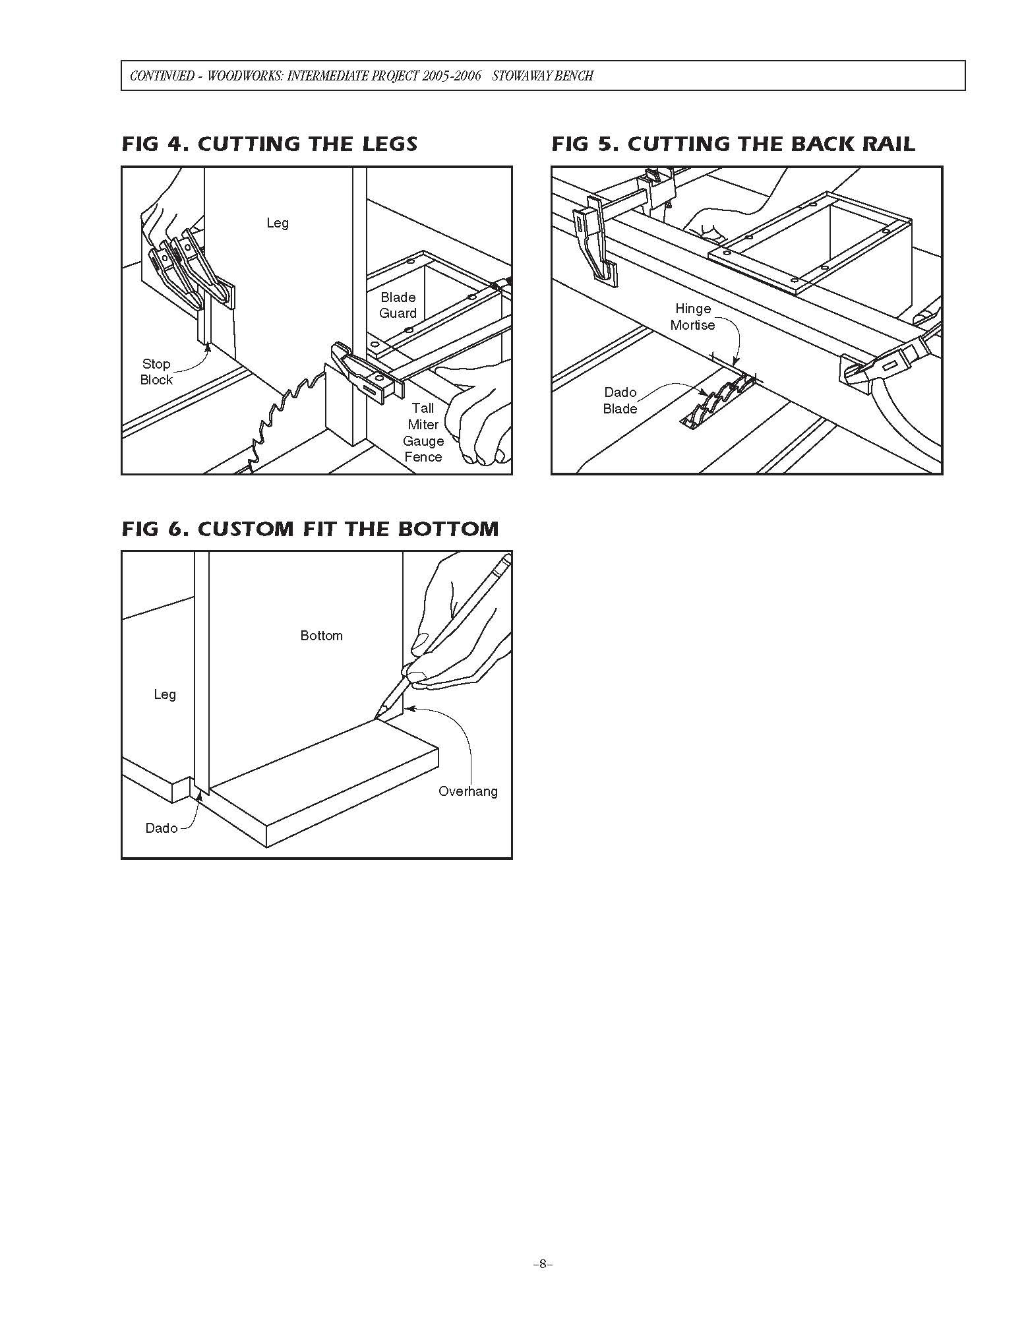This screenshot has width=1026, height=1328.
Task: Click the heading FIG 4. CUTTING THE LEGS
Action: [269, 144]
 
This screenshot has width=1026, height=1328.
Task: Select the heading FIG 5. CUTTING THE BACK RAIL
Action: [733, 144]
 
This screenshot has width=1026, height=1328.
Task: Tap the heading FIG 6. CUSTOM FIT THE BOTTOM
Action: [310, 529]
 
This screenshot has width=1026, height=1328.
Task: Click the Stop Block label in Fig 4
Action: [156, 372]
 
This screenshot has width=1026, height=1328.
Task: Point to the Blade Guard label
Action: [398, 305]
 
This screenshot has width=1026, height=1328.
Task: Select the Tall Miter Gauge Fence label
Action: [423, 433]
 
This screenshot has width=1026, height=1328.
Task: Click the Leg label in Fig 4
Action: [278, 223]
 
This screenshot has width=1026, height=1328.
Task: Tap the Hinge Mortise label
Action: [692, 317]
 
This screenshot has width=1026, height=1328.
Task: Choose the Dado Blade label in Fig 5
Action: [620, 400]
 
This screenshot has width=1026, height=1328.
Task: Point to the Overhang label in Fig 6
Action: [468, 791]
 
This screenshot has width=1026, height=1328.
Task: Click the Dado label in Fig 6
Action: [162, 828]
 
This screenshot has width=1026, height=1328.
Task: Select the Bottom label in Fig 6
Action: [321, 636]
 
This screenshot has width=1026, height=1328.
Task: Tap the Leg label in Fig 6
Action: [165, 694]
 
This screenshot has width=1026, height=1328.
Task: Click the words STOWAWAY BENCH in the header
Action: [543, 76]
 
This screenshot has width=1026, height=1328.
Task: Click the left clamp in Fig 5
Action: [597, 244]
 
